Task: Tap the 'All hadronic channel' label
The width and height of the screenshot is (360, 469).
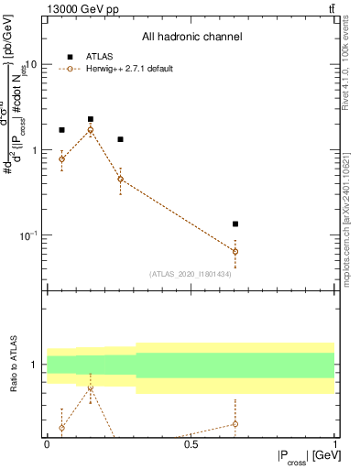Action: tap(191, 37)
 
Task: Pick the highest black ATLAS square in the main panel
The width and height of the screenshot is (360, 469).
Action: tap(91, 119)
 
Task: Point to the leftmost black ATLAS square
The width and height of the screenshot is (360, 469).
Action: tap(61, 130)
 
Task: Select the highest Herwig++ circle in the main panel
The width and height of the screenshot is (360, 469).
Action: tap(91, 130)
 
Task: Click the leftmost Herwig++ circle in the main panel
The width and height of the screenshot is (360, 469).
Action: tap(61, 159)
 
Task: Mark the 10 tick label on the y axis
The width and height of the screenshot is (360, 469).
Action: tap(32, 65)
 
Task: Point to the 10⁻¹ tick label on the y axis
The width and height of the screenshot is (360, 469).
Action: tap(30, 235)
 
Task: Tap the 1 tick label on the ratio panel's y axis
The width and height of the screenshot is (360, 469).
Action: tap(36, 365)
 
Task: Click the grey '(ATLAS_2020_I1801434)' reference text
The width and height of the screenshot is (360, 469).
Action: tap(191, 274)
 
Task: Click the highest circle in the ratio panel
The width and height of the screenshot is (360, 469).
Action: tap(91, 388)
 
